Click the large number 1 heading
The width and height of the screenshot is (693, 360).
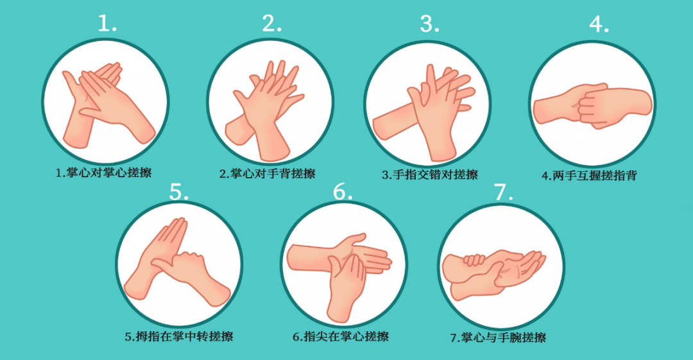pos(107,23)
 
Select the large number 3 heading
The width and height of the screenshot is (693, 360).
pos(429,24)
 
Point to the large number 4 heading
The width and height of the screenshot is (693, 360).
pos(599,24)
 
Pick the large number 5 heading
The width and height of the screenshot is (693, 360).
pos(179,192)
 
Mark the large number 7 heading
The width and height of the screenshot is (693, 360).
pos(504,192)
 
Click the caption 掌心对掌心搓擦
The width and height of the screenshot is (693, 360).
pos(109,172)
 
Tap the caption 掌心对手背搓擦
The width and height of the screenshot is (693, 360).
pos(273,173)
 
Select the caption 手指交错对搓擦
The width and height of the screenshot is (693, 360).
pos(436,175)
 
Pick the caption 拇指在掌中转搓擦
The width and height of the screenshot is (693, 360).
pos(185,336)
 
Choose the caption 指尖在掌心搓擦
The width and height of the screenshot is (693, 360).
pos(346,336)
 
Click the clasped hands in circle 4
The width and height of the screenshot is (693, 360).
pos(593,106)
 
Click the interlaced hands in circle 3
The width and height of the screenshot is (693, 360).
pos(424,113)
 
